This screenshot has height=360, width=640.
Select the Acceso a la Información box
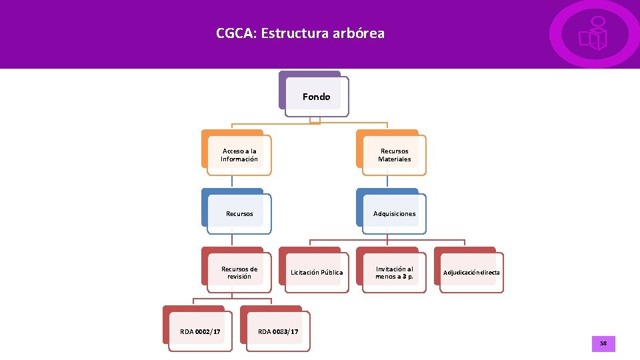point(239,155)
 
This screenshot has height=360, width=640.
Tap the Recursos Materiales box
point(394,155)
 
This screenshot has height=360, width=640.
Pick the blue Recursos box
point(239,213)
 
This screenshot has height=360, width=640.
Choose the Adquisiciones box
point(394,213)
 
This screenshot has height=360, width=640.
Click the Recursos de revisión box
point(239,272)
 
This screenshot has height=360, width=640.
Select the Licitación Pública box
point(317,272)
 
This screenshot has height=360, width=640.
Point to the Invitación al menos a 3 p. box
point(394,272)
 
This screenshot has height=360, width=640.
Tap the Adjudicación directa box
point(471,272)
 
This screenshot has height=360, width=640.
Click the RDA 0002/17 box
point(200,331)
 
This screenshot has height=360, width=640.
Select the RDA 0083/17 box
point(277,331)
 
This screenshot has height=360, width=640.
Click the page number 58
point(603,343)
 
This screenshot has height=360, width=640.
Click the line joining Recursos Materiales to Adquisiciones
point(387,181)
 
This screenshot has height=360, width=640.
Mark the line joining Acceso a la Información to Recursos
point(232,181)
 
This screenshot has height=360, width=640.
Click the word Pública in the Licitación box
point(331,272)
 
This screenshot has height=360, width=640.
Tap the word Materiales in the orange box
point(394,159)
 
